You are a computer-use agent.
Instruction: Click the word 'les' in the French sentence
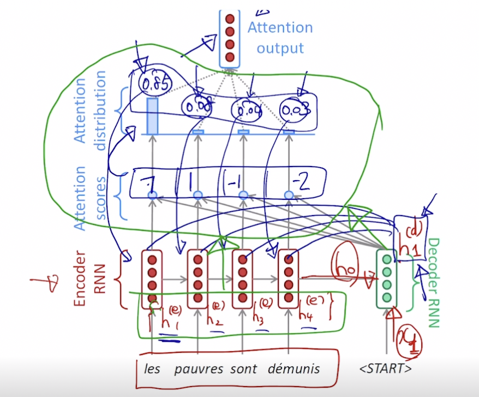152,369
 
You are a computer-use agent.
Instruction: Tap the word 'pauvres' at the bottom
199,369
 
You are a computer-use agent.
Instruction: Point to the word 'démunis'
294,369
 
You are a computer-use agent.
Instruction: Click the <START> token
386,369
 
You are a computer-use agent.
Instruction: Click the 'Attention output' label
280,38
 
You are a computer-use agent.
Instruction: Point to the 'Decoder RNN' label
433,283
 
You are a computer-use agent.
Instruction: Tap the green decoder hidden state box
387,277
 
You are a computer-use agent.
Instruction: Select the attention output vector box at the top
229,37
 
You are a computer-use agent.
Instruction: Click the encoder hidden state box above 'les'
152,277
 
